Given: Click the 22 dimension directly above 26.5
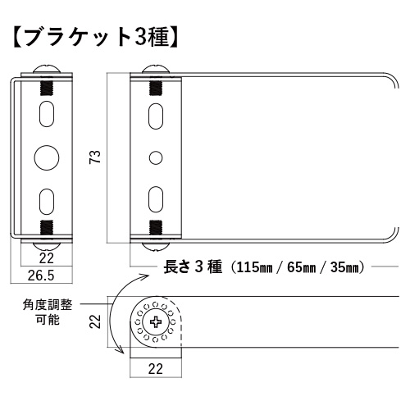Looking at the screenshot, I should (x=45, y=258).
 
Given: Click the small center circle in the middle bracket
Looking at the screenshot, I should (x=154, y=156).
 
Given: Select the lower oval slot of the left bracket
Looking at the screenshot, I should (x=45, y=200).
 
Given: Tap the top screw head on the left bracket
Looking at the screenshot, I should (x=45, y=71).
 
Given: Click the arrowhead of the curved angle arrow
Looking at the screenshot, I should (x=122, y=350).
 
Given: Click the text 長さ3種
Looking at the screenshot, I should (x=194, y=266).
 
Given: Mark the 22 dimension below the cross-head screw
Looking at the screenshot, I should (x=154, y=369).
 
